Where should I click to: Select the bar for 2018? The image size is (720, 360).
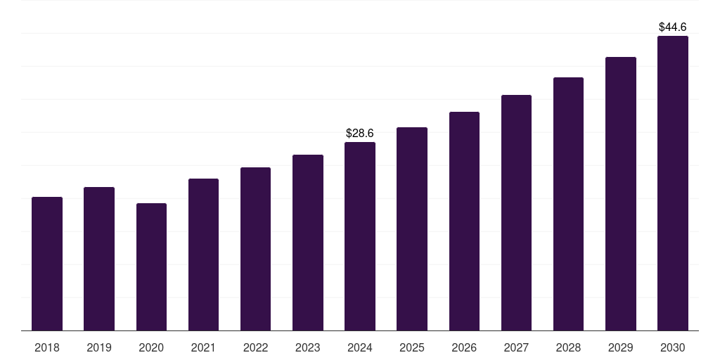point(47,264)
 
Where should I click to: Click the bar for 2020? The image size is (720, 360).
point(152,266)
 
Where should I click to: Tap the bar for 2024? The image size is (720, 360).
point(360,236)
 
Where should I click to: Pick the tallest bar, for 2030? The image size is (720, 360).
point(673,184)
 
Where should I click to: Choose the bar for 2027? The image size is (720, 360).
point(517,212)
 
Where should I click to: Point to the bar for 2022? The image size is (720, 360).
point(256,249)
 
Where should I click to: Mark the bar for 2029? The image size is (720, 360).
point(621,194)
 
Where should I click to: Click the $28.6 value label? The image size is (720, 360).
point(360,133)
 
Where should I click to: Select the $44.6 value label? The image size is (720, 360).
point(673,27)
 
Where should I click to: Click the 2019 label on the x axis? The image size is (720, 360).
point(99,347)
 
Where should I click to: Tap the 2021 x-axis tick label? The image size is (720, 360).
point(203,347)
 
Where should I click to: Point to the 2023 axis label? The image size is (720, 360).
point(308,347)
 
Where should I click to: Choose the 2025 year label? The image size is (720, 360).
point(412,347)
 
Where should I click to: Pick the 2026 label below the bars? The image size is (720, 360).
point(464,347)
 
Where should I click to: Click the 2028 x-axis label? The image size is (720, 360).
point(568,347)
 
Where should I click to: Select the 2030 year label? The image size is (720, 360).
point(673,347)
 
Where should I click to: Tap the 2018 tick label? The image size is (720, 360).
point(47,347)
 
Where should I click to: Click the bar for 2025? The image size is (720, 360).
point(412,229)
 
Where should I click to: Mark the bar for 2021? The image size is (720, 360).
point(203,255)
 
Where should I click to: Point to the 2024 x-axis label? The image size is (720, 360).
point(360,347)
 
